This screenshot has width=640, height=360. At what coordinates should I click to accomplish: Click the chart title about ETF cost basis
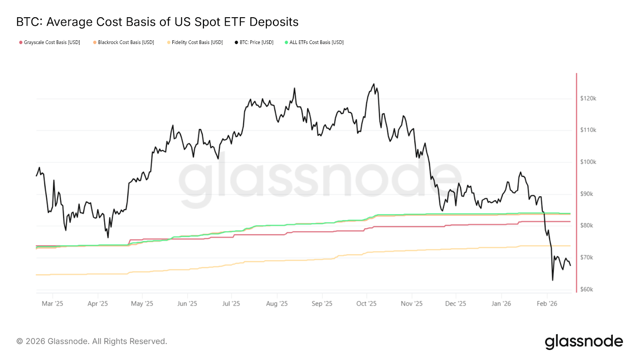[157, 22]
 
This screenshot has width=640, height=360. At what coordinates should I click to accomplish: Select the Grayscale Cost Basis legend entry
[50, 42]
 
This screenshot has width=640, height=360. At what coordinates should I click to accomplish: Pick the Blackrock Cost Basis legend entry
[124, 42]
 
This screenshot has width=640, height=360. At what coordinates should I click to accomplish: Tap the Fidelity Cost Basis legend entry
[195, 42]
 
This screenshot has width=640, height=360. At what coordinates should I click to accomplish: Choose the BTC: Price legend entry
[254, 42]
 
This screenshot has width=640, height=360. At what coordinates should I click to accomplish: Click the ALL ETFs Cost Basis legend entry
[314, 42]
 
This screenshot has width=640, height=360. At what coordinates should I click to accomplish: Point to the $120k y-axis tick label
[588, 98]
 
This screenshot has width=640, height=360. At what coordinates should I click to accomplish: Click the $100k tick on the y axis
[588, 162]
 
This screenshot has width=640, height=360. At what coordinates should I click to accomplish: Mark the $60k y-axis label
[586, 289]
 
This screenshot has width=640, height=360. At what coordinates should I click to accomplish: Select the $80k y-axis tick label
[586, 226]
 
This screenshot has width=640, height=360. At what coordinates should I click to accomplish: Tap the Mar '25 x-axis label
[52, 304]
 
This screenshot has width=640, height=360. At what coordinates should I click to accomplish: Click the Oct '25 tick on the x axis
[366, 304]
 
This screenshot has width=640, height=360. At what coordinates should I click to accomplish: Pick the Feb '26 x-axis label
[547, 304]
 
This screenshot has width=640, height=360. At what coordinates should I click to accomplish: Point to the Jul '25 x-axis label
[231, 304]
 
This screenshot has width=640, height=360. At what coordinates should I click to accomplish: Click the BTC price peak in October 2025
[374, 84]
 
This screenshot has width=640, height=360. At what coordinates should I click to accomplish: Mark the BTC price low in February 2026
[552, 280]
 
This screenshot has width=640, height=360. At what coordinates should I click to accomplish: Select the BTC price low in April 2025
[108, 237]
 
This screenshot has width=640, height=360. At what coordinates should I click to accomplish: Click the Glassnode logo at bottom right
[584, 342]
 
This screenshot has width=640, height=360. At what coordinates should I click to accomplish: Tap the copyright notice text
[92, 342]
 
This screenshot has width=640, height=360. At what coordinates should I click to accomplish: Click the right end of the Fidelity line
[570, 246]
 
